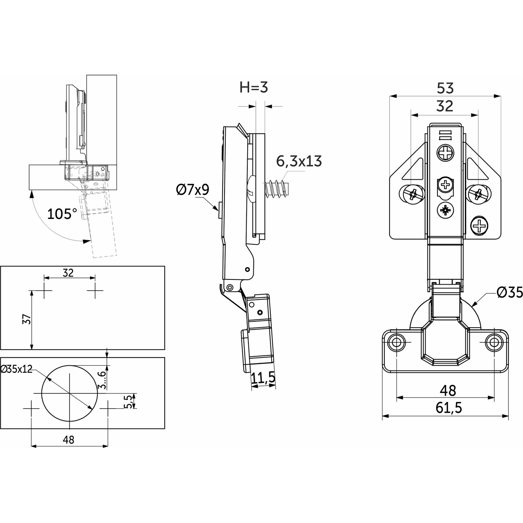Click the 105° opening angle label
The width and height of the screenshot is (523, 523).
[x=62, y=214]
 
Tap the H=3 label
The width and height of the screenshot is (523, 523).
[x=254, y=88]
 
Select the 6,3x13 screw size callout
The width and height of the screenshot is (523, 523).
[x=298, y=161]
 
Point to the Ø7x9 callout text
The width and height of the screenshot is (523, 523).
[x=192, y=190]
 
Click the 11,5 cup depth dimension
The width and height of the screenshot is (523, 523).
[x=263, y=378]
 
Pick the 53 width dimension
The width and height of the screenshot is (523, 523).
[x=445, y=89]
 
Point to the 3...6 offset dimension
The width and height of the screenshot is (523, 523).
[x=101, y=380]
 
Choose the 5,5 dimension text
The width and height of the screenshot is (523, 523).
[x=128, y=402]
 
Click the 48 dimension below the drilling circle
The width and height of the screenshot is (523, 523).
[x=69, y=440]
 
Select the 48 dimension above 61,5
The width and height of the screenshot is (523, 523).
[x=448, y=391]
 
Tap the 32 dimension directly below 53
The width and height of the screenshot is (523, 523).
[x=445, y=106]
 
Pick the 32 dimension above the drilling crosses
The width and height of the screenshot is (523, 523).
[x=68, y=273]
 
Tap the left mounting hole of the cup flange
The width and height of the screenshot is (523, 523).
[x=396, y=342]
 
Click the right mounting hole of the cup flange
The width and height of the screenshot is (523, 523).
[x=494, y=342]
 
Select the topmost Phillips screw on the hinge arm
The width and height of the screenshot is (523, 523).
[x=445, y=153]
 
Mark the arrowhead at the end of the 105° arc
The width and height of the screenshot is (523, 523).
[x=87, y=241]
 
